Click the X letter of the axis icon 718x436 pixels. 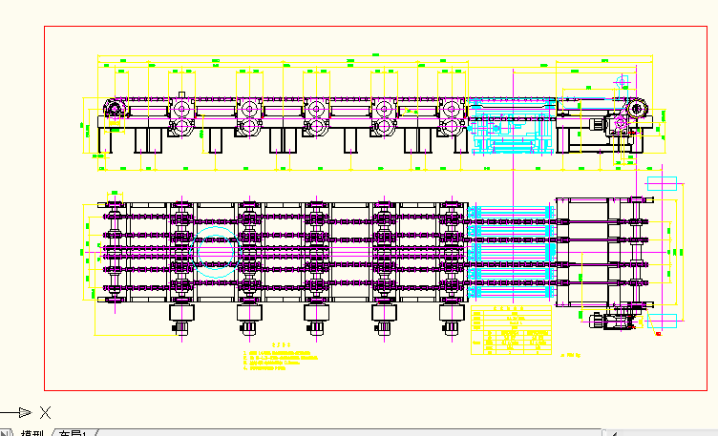click(x=44, y=412)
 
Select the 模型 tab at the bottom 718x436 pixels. click(x=32, y=434)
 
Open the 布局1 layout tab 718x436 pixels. click(x=72, y=434)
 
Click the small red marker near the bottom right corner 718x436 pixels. click(x=659, y=334)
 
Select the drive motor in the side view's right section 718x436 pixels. click(x=601, y=125)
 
